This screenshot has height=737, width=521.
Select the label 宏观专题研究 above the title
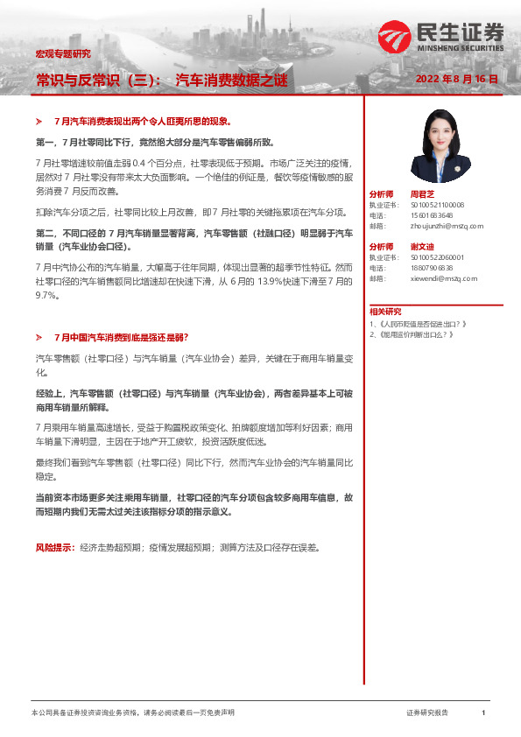pos(63,54)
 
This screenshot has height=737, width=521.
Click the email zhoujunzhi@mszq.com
pos(447,225)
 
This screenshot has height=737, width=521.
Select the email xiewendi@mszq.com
pos(443,278)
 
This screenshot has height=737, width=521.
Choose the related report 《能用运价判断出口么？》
pos(416,333)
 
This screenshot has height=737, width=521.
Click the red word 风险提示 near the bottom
pos(53,547)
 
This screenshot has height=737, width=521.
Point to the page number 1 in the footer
pos(483,713)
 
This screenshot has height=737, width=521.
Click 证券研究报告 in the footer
pos(427,713)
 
